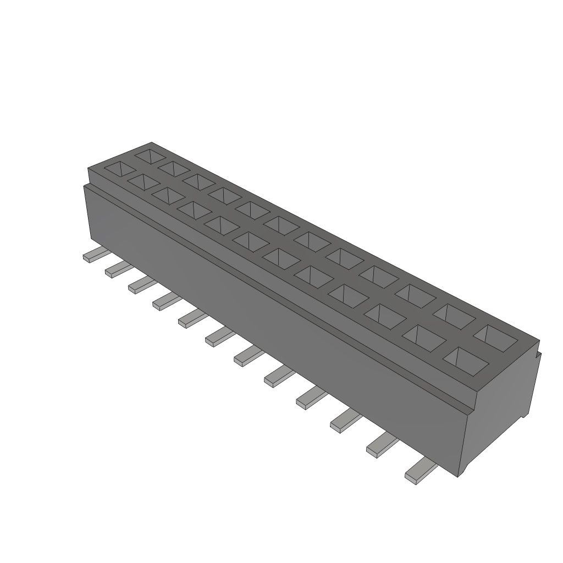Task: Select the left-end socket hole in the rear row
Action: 150,154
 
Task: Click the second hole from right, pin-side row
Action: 424,338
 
